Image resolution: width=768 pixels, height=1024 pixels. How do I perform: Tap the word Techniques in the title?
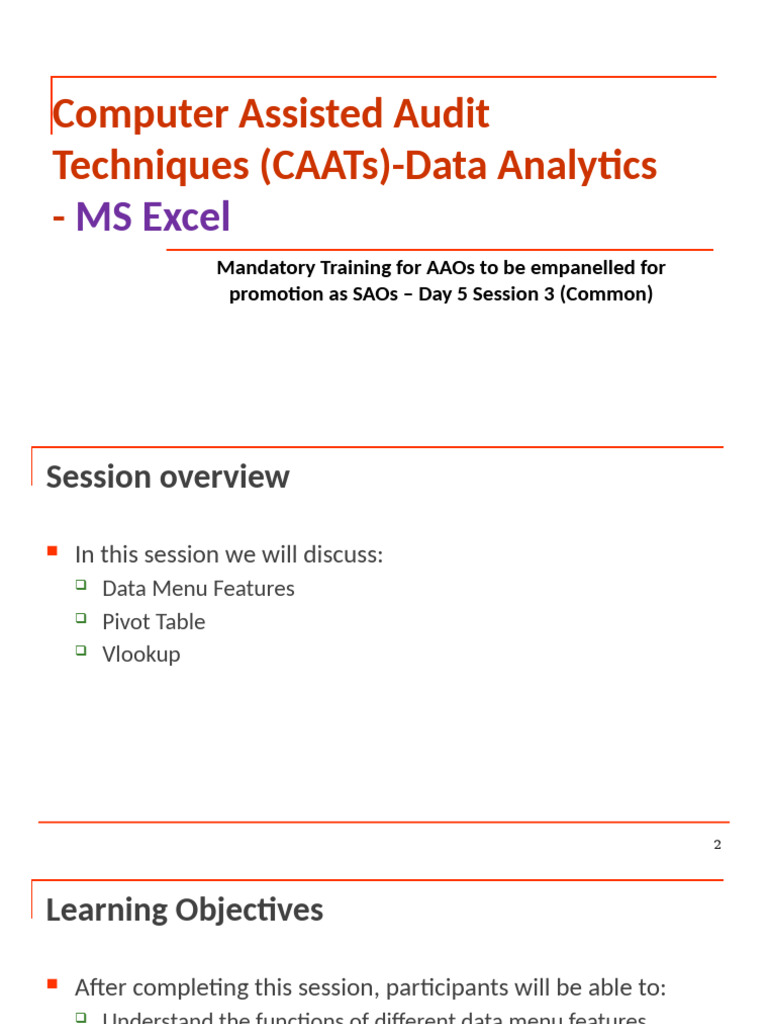click(150, 165)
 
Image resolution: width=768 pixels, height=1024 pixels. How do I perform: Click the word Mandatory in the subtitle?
click(263, 268)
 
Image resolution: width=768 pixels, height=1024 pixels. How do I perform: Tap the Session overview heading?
click(167, 477)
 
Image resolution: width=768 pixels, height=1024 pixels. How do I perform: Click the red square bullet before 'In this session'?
click(53, 551)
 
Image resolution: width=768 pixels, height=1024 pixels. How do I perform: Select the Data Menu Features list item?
click(198, 588)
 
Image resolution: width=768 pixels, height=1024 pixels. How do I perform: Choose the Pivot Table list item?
click(153, 621)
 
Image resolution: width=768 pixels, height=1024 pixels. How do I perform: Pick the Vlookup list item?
click(141, 654)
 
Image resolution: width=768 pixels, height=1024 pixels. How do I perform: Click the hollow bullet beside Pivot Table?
click(82, 619)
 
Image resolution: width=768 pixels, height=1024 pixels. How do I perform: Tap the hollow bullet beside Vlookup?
click(82, 652)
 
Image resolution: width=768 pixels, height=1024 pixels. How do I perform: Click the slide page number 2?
click(717, 844)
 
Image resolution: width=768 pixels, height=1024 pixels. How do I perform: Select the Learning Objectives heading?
click(184, 910)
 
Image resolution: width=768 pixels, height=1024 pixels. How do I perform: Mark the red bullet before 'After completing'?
click(53, 985)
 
